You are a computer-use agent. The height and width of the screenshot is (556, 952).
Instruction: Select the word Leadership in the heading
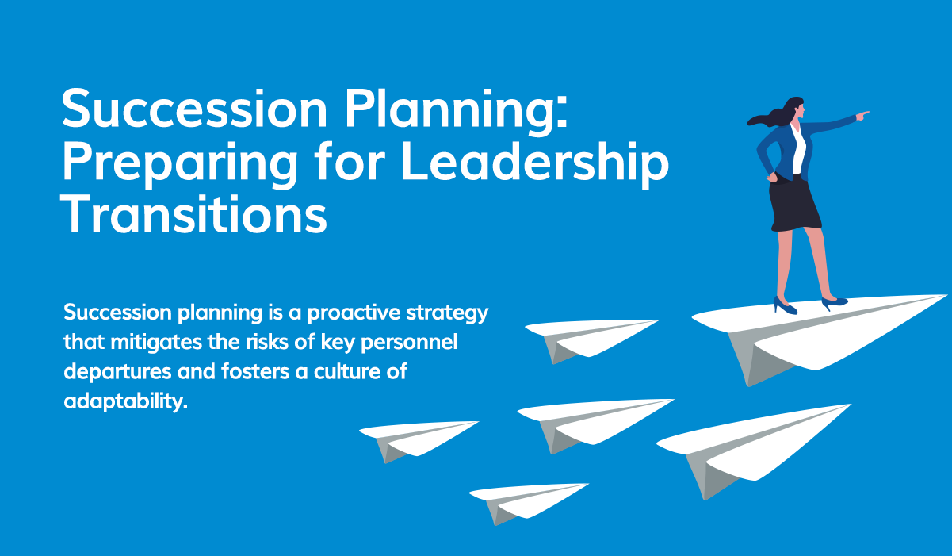tap(535, 165)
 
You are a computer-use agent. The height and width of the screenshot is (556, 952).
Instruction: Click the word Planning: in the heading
tap(455, 111)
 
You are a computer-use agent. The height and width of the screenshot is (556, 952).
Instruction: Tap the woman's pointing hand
tap(862, 116)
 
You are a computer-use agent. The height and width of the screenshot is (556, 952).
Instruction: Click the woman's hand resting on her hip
tap(770, 175)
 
